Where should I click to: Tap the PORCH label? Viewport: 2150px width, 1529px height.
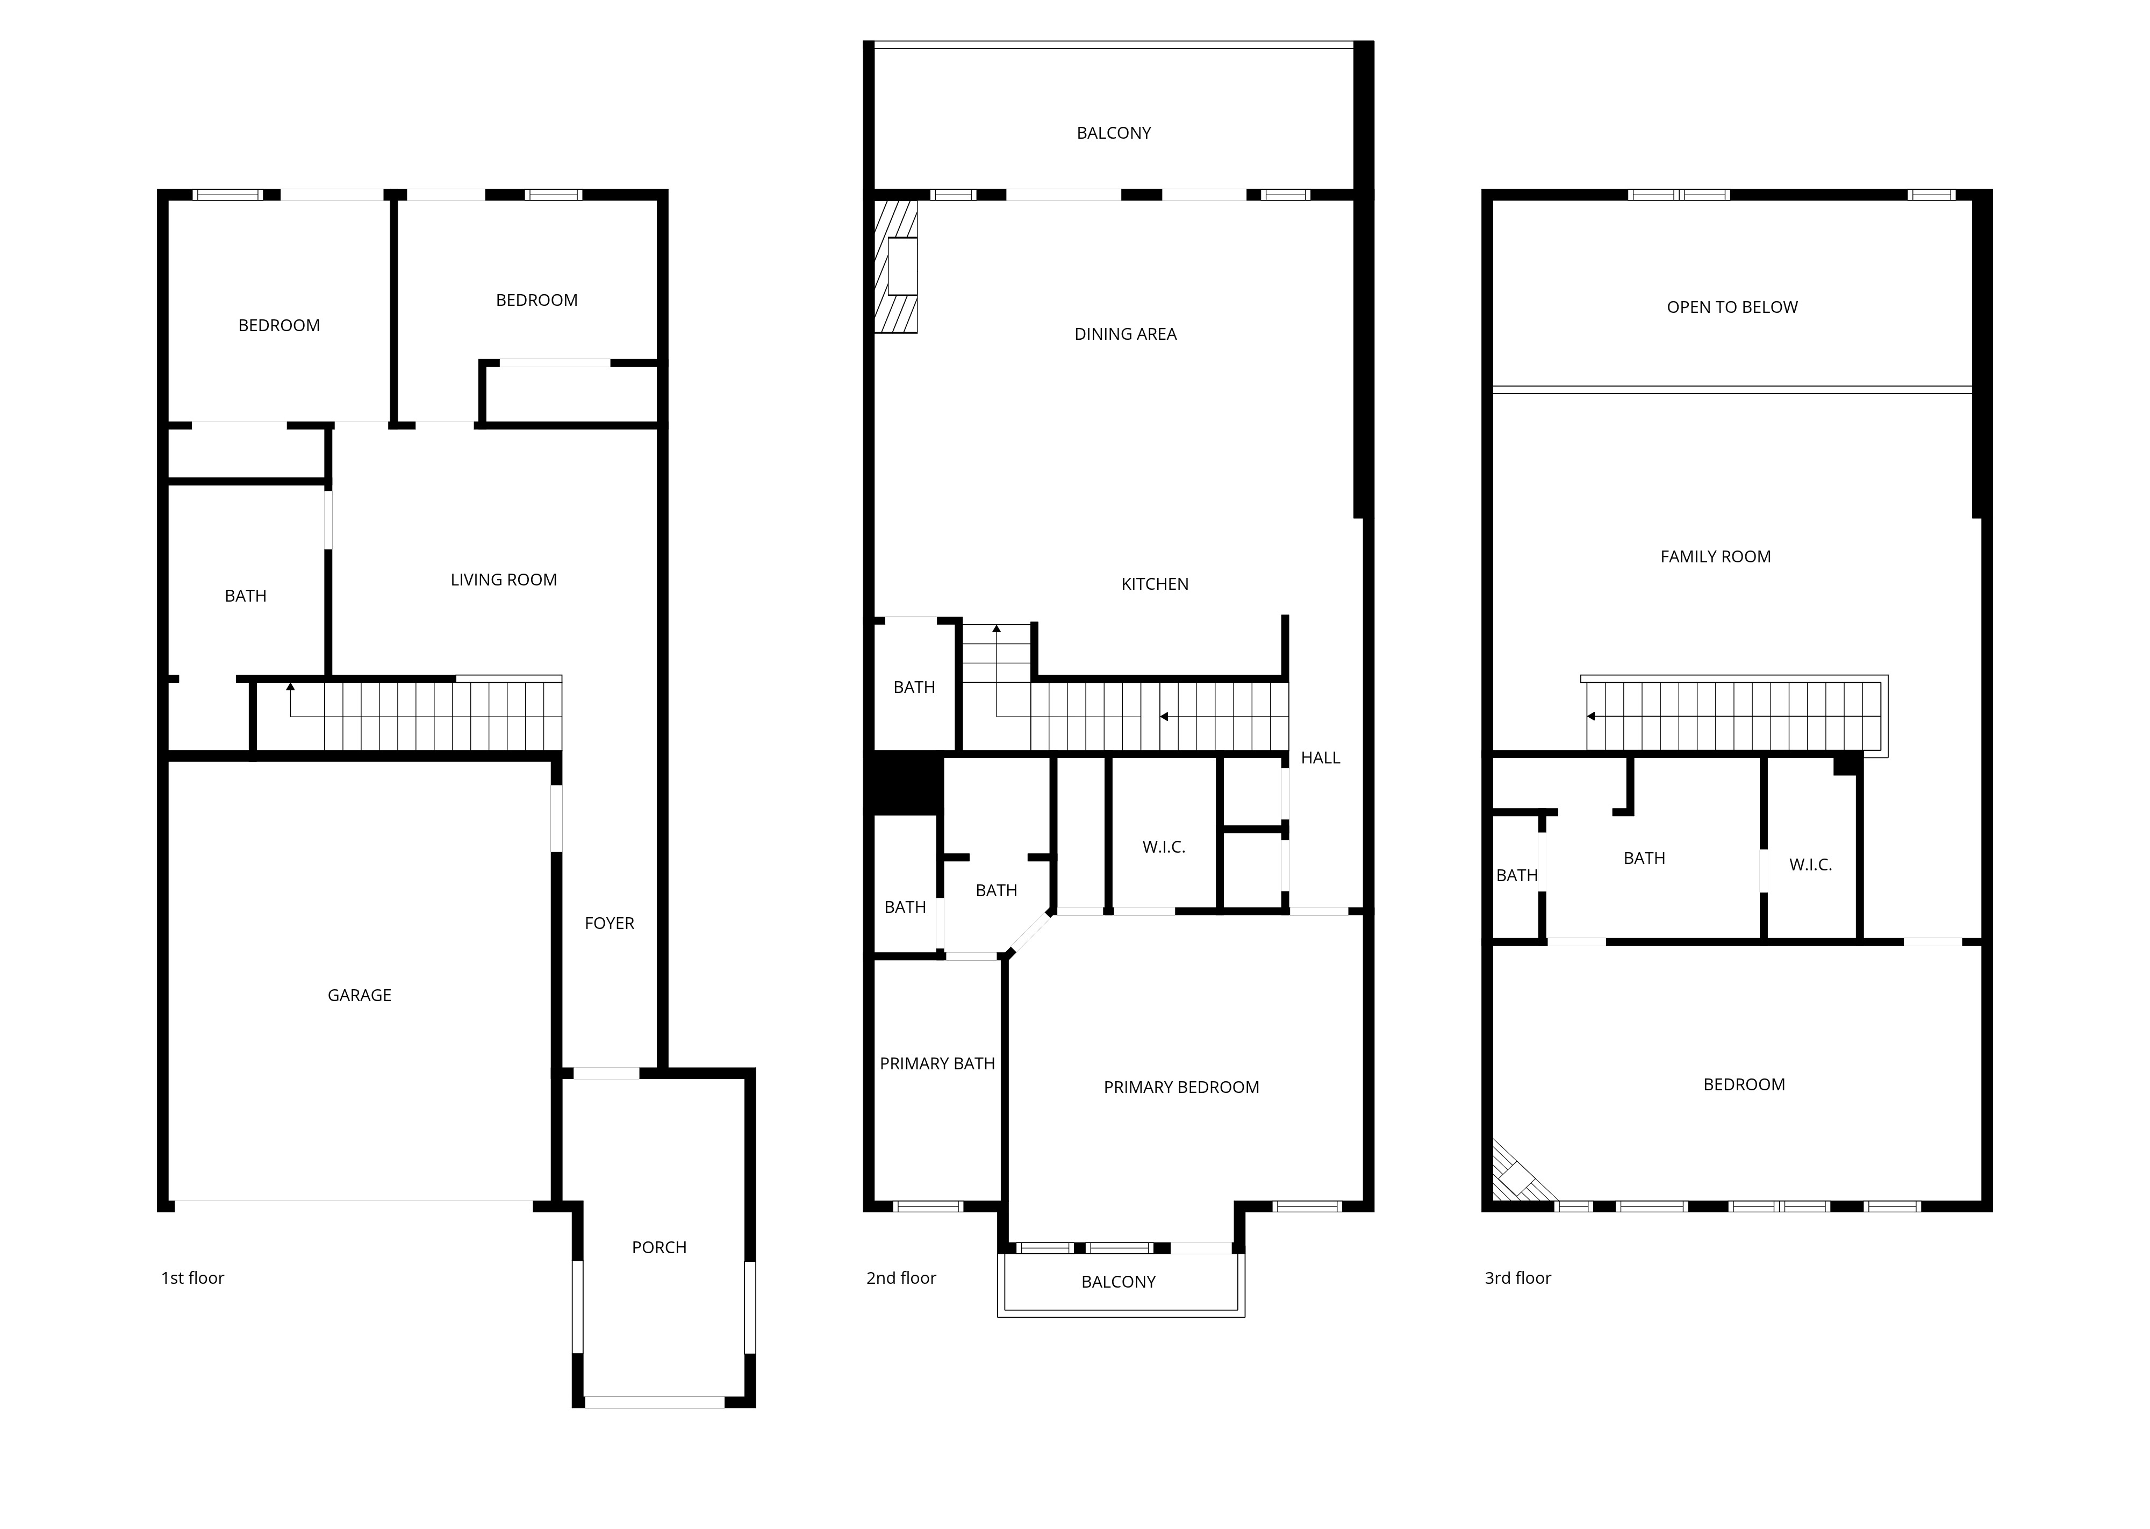click(x=659, y=1247)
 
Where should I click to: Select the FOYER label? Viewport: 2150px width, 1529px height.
click(x=609, y=924)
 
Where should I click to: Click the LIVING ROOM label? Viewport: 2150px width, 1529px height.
click(x=504, y=580)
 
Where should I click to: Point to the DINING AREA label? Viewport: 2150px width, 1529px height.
click(x=1126, y=334)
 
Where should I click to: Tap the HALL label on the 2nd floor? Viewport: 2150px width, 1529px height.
click(x=1321, y=758)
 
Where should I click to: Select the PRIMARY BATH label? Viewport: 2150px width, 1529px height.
click(x=937, y=1064)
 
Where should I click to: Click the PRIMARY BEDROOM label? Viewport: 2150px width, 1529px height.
click(x=1181, y=1088)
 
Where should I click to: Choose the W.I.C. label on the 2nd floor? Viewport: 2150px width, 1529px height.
click(x=1164, y=847)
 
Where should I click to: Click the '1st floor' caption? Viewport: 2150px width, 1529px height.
click(x=193, y=1277)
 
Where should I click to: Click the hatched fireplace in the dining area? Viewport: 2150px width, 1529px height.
click(x=896, y=267)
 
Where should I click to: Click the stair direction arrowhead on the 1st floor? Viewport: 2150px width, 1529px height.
click(x=290, y=687)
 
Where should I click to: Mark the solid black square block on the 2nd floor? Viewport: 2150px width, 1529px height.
click(x=904, y=783)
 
